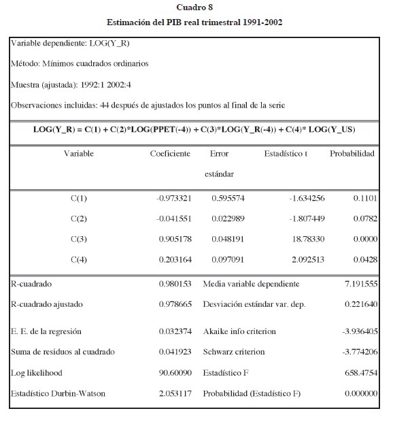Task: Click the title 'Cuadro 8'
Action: [x=194, y=7]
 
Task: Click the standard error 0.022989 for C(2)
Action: [x=228, y=218]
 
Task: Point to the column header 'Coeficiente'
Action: [x=170, y=154]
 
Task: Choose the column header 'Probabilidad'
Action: [x=352, y=154]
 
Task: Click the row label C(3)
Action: [x=78, y=240]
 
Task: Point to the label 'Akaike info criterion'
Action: [x=239, y=331]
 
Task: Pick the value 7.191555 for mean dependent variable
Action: [x=360, y=284]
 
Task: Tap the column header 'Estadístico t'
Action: [x=286, y=154]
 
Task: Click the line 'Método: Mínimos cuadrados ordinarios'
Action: [x=80, y=64]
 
